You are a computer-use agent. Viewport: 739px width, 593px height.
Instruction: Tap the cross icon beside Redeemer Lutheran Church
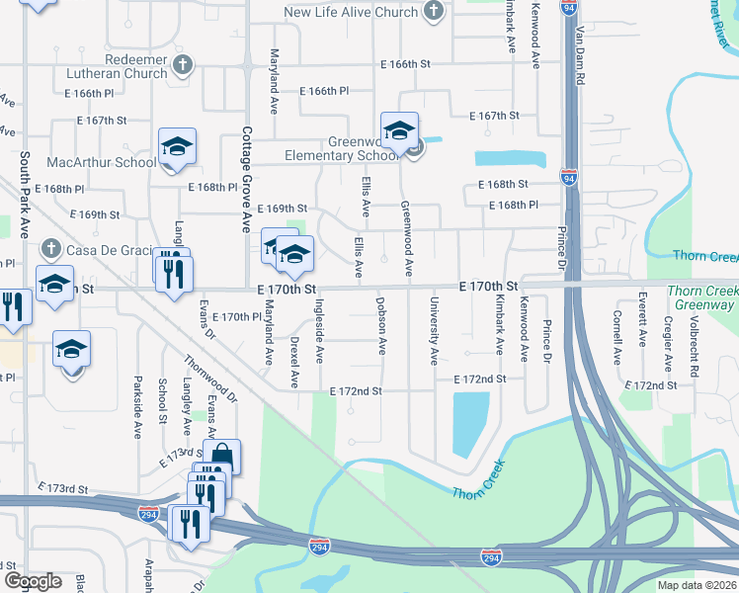(x=181, y=66)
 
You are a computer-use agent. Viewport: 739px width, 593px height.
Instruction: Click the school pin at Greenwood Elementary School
(x=400, y=131)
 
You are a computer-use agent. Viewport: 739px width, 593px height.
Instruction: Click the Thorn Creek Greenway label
(x=701, y=297)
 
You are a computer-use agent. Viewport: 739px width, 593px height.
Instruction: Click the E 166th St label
(x=407, y=64)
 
